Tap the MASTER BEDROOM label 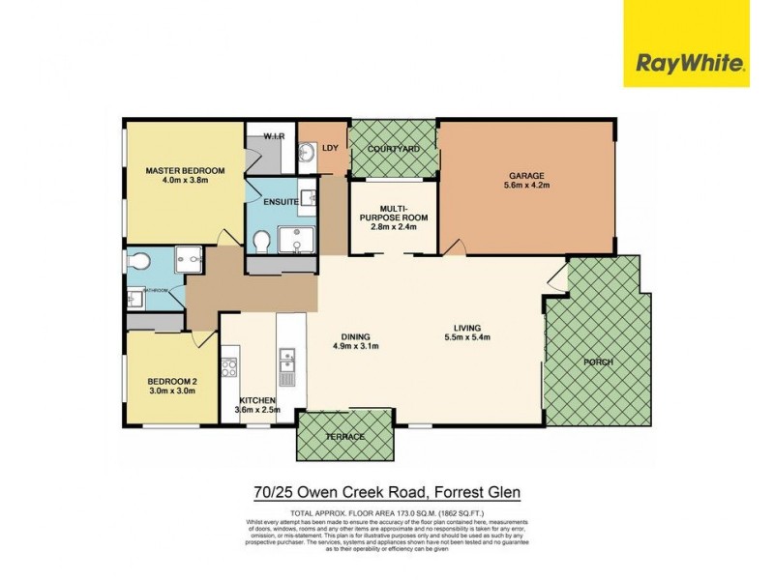185,171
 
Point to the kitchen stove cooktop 230,366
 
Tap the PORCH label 598,362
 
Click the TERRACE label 345,437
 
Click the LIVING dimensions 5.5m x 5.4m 467,337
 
